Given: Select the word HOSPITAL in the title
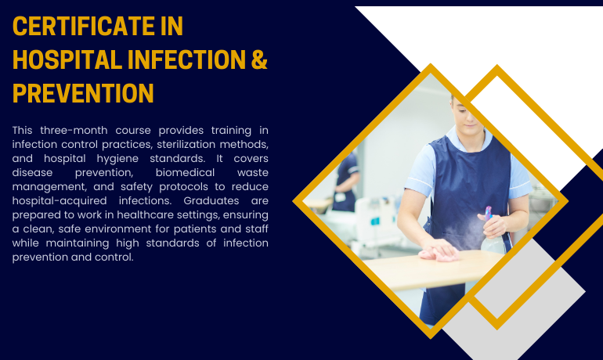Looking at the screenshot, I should coord(63,59).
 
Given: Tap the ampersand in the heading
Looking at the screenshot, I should coord(258,59).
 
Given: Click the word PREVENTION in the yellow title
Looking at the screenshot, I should coord(83,93).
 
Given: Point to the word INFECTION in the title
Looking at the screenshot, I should coord(181,59).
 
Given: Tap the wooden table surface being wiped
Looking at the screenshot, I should coord(423,270).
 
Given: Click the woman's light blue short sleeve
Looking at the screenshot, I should coord(424,164).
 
